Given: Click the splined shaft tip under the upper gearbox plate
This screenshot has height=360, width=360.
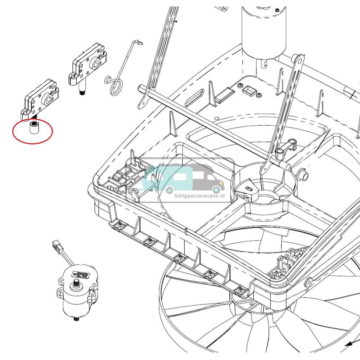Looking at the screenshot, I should (82, 93).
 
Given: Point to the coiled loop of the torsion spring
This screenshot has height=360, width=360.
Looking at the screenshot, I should (116, 87).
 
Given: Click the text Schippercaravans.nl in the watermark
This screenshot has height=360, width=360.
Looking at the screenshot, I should (199, 195).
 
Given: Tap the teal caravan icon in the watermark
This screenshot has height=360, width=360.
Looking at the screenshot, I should (173, 178).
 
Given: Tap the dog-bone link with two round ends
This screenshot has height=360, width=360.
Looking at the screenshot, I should (286, 147).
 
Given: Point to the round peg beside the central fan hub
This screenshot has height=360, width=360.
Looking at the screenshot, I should (304, 176).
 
